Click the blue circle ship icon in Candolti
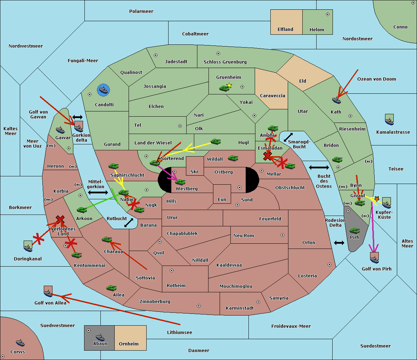pos(103,90)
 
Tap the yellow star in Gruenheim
pos(229,85)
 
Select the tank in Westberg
pos(180,182)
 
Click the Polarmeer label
pos(141,11)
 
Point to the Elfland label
pos(285,30)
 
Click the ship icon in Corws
pos(20,343)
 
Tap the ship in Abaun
pos(100,337)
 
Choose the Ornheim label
pos(129,344)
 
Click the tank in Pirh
pos(355,231)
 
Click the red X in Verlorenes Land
pos(60,219)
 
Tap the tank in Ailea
pos(111,288)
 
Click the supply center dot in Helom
pos(328,14)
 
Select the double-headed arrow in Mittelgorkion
pos(98,192)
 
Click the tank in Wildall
pos(233,158)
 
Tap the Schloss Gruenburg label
pos(225,62)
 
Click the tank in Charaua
pos(107,240)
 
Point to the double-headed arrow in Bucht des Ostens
pos(319,167)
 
